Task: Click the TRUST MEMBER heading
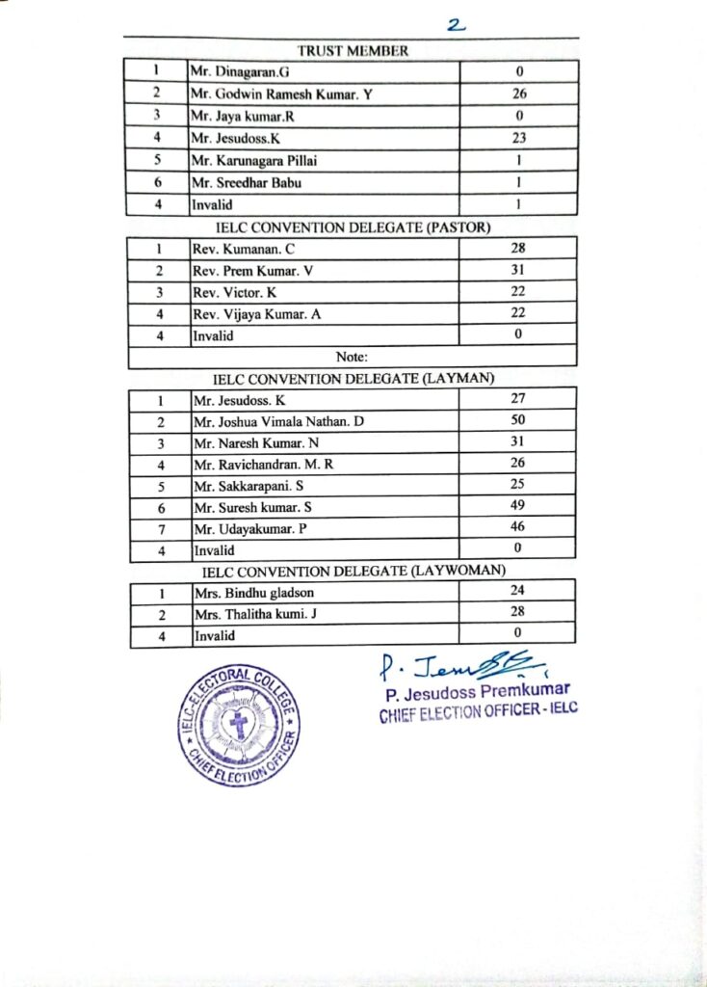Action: coord(353,51)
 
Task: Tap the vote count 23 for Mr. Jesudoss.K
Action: coord(519,138)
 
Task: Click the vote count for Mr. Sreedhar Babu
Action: coord(519,182)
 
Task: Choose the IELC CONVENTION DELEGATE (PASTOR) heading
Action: coord(353,227)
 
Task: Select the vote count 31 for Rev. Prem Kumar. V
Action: coord(517,270)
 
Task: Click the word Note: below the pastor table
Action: coord(353,358)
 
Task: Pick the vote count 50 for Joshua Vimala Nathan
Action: coord(517,420)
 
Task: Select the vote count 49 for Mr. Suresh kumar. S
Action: coord(517,507)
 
